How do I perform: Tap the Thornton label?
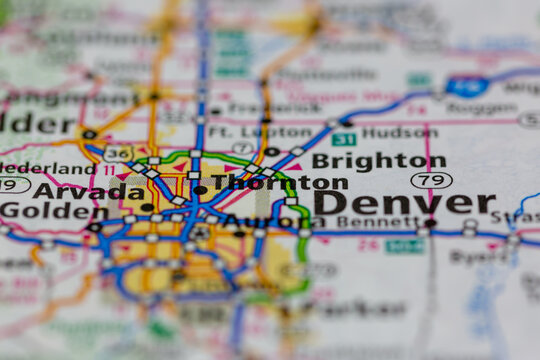[x=279, y=183]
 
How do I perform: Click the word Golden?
[x=39, y=211]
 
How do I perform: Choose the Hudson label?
[x=399, y=133]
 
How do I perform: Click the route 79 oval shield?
[x=431, y=180]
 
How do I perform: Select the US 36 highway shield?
[x=116, y=154]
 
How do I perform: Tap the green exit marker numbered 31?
[x=344, y=139]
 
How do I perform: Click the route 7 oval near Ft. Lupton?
[x=242, y=148]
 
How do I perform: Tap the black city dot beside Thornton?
[x=200, y=189]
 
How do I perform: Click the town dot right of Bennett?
[x=430, y=222]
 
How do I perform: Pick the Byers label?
[x=479, y=256]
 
